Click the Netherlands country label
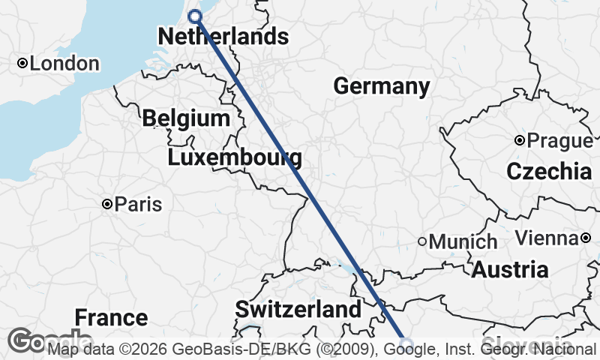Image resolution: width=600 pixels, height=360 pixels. (223, 36)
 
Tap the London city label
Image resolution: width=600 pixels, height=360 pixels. (64, 64)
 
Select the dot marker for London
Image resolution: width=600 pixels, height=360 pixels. (22, 64)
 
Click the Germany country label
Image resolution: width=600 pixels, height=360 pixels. (381, 86)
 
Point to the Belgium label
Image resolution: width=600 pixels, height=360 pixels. (185, 118)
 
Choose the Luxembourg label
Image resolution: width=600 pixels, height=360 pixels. (235, 157)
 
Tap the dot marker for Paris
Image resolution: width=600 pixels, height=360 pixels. (107, 204)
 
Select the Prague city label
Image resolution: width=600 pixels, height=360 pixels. (559, 140)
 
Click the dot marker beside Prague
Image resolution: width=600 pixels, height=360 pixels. (519, 140)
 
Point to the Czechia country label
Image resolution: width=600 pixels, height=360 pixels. (549, 171)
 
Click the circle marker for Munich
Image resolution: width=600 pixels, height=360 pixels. (422, 241)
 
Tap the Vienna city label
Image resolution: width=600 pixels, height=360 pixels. (546, 238)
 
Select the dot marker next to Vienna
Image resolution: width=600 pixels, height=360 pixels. (585, 238)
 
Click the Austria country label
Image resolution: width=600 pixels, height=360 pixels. (509, 269)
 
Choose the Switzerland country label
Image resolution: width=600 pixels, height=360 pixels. (298, 309)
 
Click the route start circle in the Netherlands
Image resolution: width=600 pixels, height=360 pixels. (195, 16)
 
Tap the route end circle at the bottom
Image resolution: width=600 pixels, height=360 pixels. (406, 344)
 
